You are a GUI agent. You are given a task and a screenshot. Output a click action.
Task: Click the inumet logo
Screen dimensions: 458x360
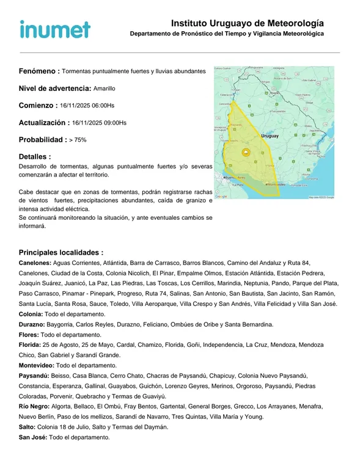point(55,29)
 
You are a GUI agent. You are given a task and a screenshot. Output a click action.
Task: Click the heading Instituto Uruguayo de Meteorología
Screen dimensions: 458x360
point(248,23)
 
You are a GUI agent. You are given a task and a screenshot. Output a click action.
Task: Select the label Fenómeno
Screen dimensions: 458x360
point(39,71)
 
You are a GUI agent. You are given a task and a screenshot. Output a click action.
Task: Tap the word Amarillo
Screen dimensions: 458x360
point(104,89)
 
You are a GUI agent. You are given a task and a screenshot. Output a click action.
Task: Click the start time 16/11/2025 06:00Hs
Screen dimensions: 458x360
point(87,106)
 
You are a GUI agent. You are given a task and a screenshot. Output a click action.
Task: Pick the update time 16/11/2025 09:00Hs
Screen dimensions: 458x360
point(99,123)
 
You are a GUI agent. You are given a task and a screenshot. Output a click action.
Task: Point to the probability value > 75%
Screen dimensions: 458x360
point(78,140)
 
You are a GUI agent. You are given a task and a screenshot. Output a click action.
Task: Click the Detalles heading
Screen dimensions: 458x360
point(35,157)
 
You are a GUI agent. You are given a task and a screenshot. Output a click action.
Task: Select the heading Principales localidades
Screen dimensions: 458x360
point(61,252)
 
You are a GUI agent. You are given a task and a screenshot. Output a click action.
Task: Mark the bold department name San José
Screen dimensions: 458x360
point(33,438)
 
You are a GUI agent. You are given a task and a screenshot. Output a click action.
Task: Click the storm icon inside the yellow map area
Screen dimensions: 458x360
point(246,153)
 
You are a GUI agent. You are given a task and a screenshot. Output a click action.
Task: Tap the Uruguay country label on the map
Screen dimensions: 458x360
point(270,136)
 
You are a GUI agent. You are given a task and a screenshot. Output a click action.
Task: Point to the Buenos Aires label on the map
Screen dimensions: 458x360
point(234,178)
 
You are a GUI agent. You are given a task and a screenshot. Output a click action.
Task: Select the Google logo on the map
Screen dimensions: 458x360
point(221,197)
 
